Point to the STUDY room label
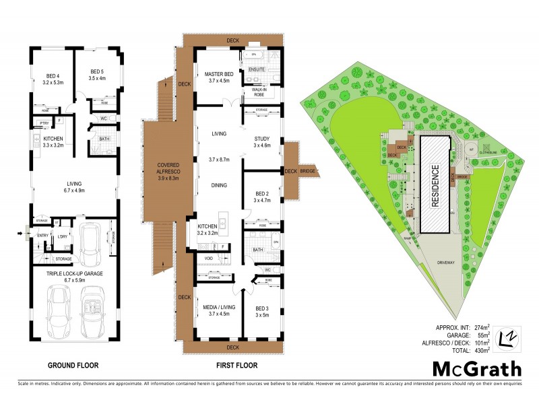(x=261, y=141)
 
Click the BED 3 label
(x=261, y=312)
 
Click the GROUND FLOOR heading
(x=73, y=366)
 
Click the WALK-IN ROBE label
(x=259, y=92)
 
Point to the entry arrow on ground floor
(x=25, y=236)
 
